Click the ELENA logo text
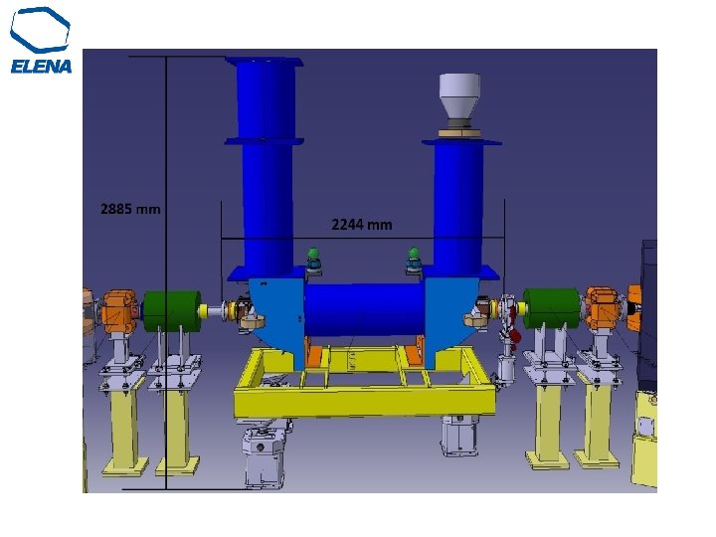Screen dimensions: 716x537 pos(41,67)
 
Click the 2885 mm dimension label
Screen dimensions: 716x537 pos(130,209)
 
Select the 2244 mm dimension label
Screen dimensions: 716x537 pos(362,225)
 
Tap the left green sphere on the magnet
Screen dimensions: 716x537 pos(313,254)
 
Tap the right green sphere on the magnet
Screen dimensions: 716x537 pos(414,253)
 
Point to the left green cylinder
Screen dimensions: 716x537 pos(172,311)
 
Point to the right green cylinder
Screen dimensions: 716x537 pos(552,308)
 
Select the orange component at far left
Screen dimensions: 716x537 pos(119,311)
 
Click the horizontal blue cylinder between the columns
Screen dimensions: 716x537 pos(364,309)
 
